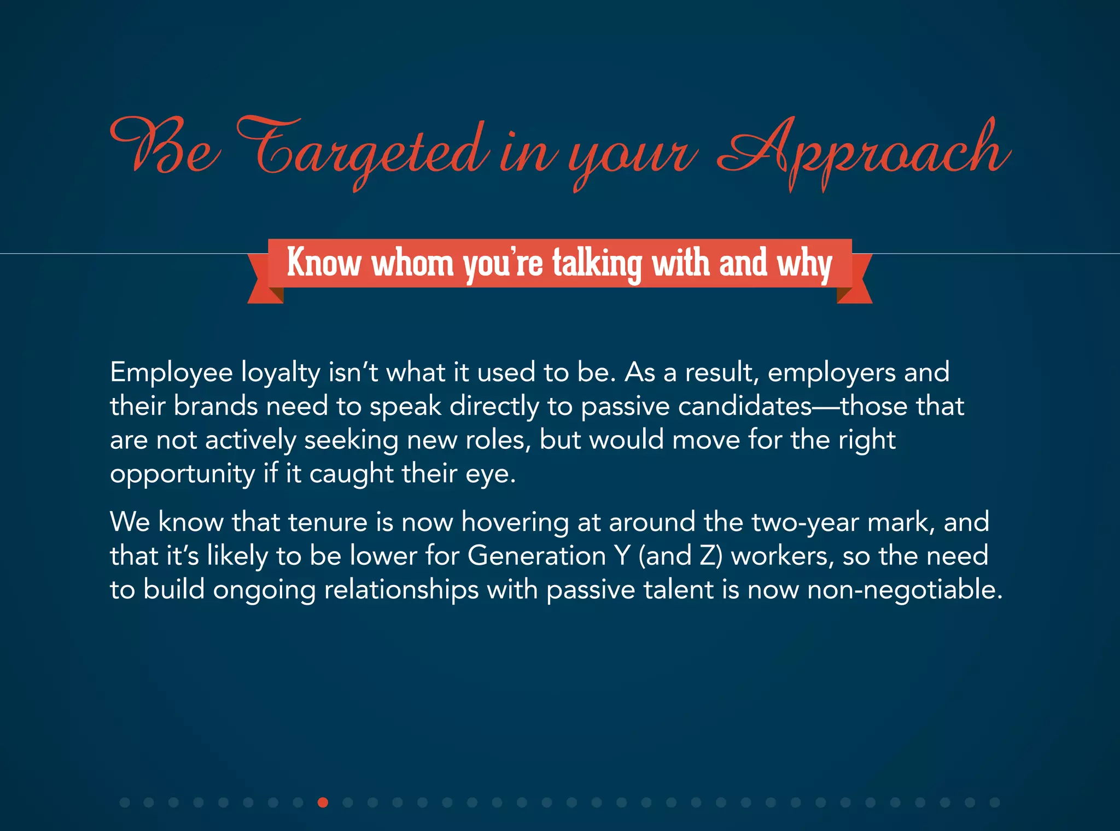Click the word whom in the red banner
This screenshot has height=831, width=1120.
point(413,264)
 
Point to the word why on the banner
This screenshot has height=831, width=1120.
point(804,264)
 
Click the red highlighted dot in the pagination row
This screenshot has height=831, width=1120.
point(323,803)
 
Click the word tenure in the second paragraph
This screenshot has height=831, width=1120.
point(328,522)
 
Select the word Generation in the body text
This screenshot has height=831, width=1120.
point(536,556)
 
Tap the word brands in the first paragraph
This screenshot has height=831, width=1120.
point(215,407)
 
